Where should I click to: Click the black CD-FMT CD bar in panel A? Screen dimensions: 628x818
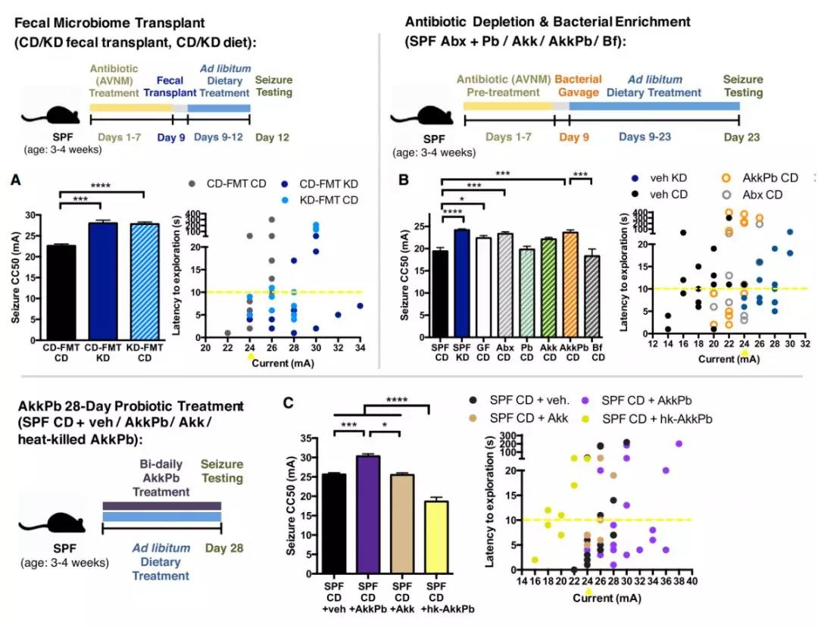(61, 292)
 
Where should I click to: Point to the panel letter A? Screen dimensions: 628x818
(16, 181)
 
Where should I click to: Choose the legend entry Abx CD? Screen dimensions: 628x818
(758, 195)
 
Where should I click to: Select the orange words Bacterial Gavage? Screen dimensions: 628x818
(579, 86)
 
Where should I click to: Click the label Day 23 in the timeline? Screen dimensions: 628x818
(742, 137)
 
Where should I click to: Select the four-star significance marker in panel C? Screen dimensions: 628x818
(398, 401)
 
